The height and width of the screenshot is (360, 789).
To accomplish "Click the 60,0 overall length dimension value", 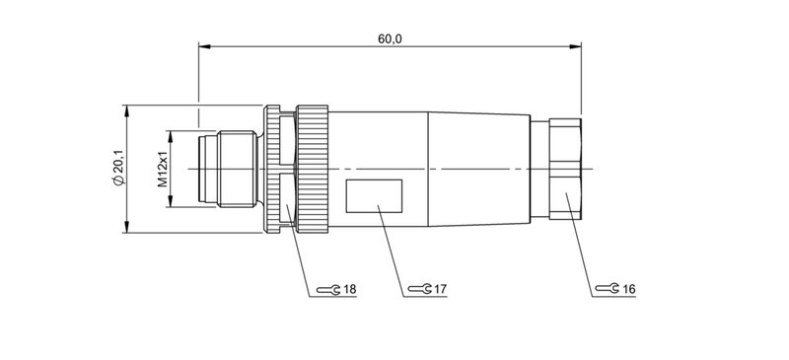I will point(391,37).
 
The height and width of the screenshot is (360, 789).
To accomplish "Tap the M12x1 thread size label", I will point(163,169).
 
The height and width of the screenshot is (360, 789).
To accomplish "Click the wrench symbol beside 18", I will point(333,289).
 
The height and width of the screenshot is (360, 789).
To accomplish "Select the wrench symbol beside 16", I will point(611,289).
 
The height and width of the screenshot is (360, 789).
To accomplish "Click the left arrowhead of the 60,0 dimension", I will point(202,45).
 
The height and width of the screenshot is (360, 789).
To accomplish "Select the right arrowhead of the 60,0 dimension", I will point(577,45).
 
